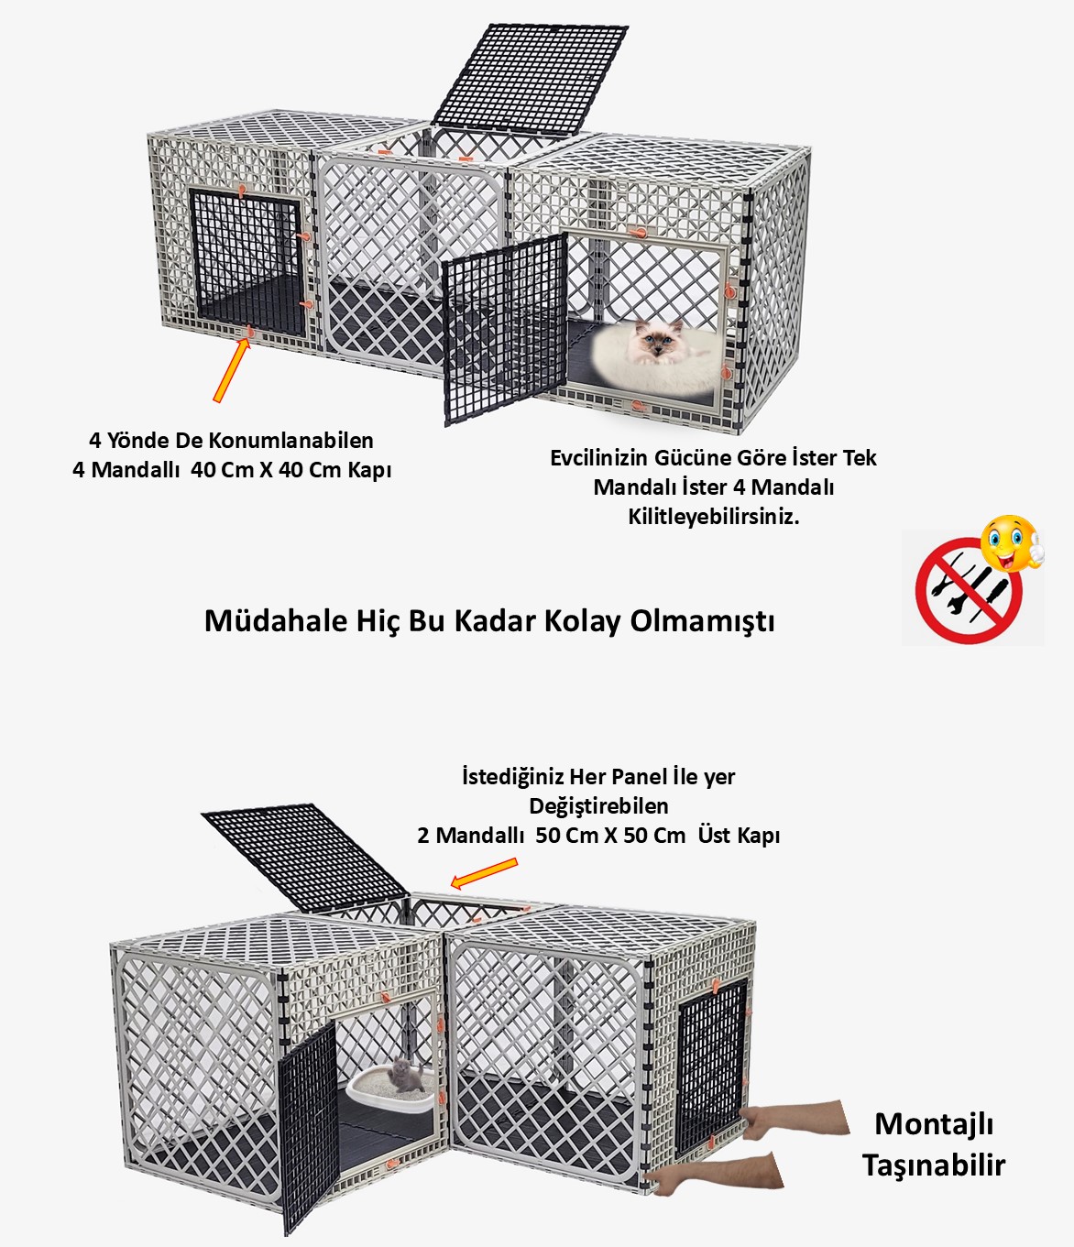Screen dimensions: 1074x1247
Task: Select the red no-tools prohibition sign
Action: click(968, 591)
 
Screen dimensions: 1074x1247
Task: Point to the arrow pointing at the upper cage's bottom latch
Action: click(232, 370)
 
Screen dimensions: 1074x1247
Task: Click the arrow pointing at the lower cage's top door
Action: click(484, 873)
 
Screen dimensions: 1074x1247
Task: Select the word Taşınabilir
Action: click(934, 1165)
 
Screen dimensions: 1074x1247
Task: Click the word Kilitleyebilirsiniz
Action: click(713, 517)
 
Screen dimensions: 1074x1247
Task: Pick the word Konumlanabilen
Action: click(290, 440)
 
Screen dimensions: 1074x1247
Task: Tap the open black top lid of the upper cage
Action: click(531, 80)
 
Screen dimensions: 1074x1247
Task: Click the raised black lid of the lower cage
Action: click(305, 857)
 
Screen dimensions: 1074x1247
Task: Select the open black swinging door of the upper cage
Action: click(505, 328)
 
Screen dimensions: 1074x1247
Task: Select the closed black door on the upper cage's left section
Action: click(247, 263)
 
